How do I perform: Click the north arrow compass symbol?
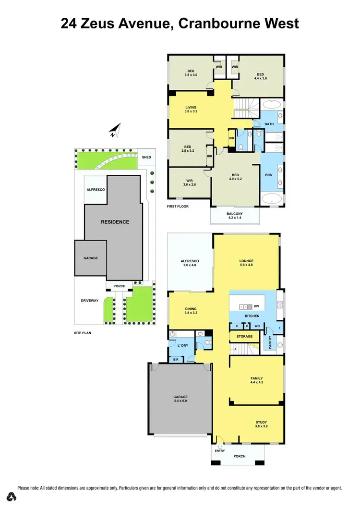[114, 130]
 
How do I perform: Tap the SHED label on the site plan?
[146, 157]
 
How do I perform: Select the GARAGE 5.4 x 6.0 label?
[180, 399]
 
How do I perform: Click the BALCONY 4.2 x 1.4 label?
[235, 216]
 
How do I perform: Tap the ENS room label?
[268, 175]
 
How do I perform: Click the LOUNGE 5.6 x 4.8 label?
[246, 263]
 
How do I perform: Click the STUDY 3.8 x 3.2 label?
[261, 424]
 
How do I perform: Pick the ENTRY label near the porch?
[219, 451]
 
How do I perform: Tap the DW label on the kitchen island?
[257, 306]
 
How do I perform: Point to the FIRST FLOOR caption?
[178, 207]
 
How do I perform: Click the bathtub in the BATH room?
[272, 105]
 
